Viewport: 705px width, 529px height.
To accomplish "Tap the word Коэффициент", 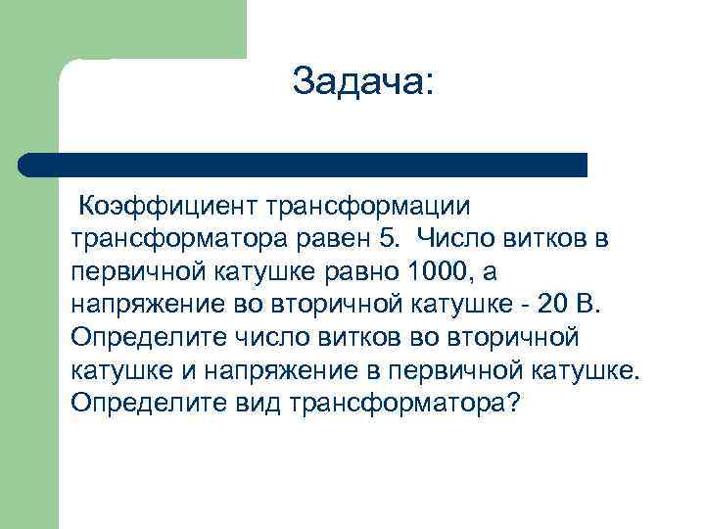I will coord(167,207).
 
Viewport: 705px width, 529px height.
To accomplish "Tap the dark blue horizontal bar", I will coord(304,165).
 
